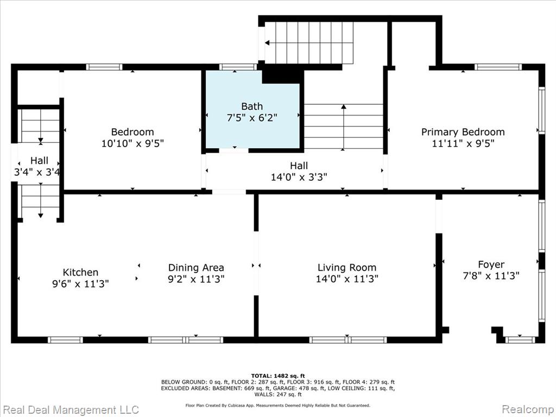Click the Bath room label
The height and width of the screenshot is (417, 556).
(x=252, y=106)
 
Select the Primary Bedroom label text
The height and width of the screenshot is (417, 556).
(x=463, y=132)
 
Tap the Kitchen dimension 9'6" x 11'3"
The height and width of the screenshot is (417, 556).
(x=80, y=283)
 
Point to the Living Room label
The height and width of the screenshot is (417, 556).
(x=347, y=267)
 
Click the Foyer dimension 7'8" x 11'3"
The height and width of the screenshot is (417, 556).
(x=491, y=275)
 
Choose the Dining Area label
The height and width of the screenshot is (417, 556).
(x=196, y=268)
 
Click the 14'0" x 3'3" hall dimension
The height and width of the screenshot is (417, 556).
(x=299, y=176)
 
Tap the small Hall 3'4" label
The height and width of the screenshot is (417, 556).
(x=39, y=161)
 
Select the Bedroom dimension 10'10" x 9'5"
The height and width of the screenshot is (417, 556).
(x=132, y=143)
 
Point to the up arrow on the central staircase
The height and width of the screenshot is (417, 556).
(x=343, y=127)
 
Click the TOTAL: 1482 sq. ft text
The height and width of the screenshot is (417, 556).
(x=277, y=376)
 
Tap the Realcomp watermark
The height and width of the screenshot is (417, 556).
(x=528, y=409)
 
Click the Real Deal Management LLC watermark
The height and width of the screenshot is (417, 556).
(x=70, y=409)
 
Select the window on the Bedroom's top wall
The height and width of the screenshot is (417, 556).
(x=104, y=67)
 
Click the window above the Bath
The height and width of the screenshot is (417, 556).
(x=238, y=67)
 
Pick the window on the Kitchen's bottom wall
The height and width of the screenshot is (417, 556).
(x=65, y=340)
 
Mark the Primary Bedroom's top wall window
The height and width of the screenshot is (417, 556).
(x=498, y=67)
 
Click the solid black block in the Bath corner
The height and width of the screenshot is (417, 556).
(x=282, y=76)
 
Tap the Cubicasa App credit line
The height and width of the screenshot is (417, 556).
(x=277, y=405)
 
